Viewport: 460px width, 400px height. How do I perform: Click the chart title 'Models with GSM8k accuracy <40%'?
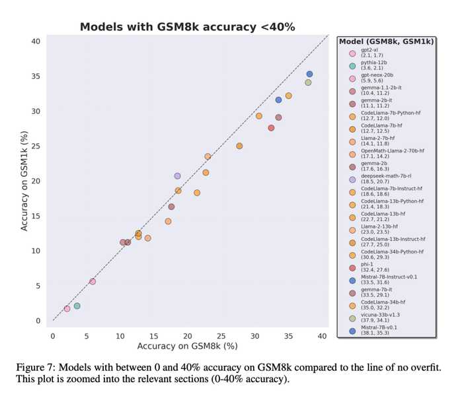[x=187, y=27]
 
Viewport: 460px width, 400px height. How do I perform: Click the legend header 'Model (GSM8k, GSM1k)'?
[x=387, y=42]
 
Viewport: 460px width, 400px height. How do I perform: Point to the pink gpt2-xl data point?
[x=67, y=308]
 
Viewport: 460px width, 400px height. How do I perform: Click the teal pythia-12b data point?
[x=77, y=306]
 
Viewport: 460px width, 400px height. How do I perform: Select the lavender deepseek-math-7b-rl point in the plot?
[x=177, y=176]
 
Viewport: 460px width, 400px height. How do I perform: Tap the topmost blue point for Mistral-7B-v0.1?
[x=309, y=74]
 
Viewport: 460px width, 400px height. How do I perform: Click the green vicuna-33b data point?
[x=308, y=83]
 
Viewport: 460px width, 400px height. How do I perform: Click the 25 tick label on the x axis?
[x=221, y=336]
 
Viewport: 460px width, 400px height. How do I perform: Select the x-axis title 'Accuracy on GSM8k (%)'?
[x=187, y=347]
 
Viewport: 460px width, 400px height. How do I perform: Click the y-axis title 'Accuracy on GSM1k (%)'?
[x=24, y=180]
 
